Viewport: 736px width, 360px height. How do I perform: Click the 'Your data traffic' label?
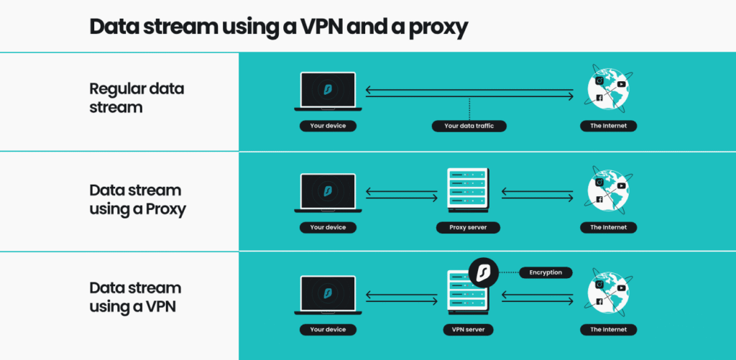(x=469, y=126)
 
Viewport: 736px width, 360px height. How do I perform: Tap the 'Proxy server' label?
(x=468, y=228)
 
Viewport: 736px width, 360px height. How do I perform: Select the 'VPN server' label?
(x=468, y=330)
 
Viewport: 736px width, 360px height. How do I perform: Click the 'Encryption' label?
(x=546, y=272)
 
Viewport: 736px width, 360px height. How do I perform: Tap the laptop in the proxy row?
(x=328, y=193)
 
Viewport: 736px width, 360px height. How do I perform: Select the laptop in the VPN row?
(x=328, y=295)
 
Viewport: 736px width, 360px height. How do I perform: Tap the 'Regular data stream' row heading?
(x=137, y=98)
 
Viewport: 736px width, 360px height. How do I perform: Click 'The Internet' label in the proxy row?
(x=608, y=228)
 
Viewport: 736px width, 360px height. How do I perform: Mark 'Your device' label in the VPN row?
(x=328, y=330)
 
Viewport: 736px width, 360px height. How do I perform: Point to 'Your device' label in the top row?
(x=328, y=126)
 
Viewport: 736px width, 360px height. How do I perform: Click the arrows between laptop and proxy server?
(x=401, y=193)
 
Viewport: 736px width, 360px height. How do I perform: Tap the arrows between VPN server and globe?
(x=538, y=295)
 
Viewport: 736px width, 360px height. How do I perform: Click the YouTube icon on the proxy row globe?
(x=621, y=186)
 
